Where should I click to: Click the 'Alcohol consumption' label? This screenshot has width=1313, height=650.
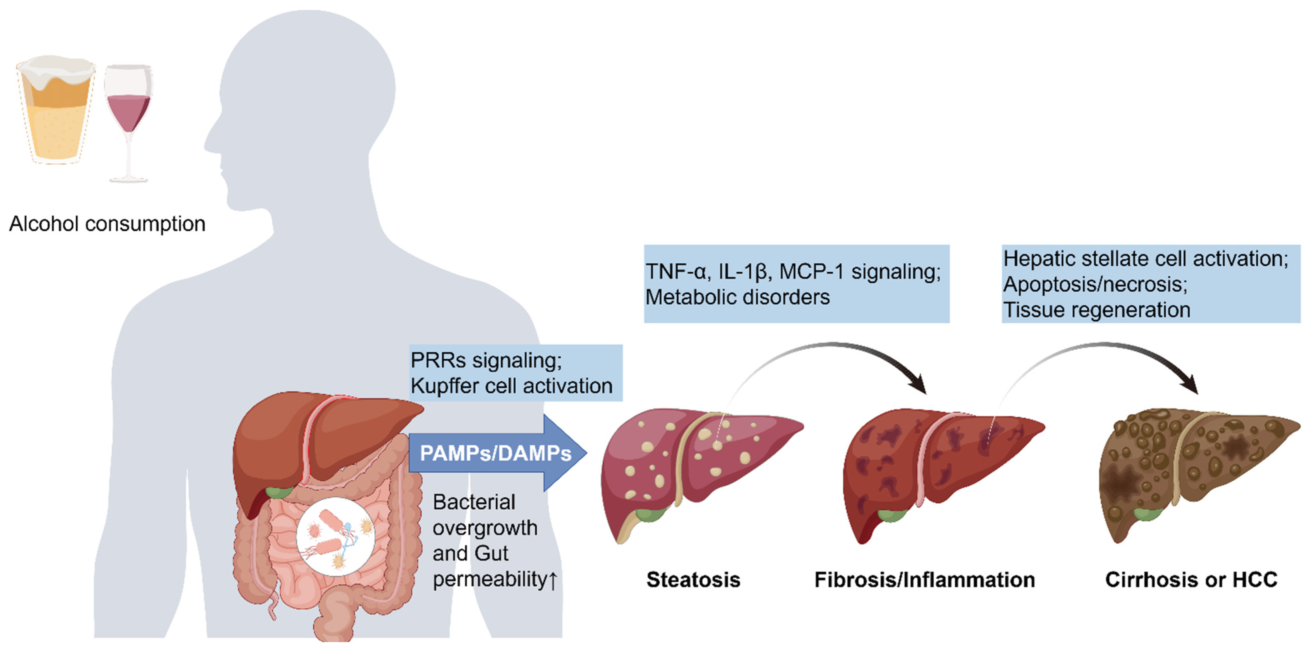pos(107,224)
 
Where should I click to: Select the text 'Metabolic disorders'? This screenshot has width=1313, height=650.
pos(738,297)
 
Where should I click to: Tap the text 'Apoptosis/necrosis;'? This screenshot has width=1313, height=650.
pos(1095,285)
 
